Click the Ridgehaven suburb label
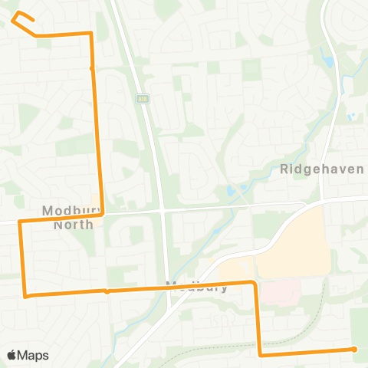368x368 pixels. [x=321, y=169]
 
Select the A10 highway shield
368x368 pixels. [x=143, y=98]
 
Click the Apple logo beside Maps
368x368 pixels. [x=12, y=355]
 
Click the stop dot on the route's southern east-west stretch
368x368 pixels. [x=107, y=291]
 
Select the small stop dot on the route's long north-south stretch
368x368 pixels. [x=92, y=68]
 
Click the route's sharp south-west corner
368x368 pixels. [x=26, y=295]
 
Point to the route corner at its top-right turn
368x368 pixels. [x=91, y=34]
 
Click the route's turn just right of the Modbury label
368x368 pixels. [x=253, y=283]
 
